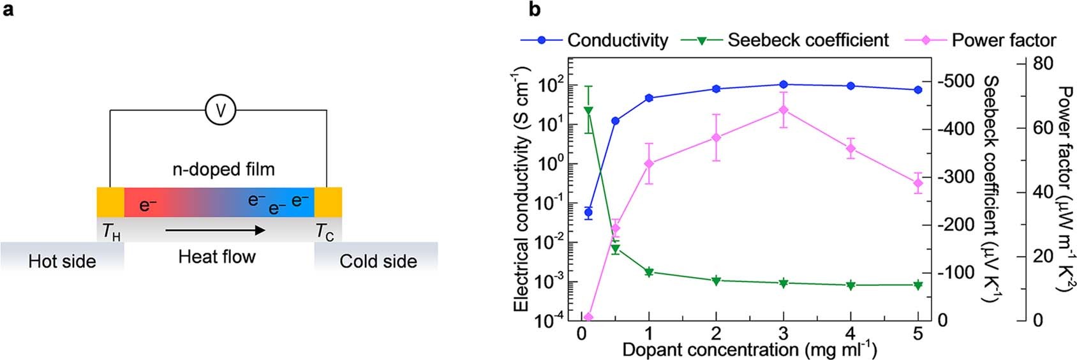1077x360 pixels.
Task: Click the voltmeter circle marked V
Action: (x=220, y=110)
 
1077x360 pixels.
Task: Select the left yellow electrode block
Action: (x=110, y=202)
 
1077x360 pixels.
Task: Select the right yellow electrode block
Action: (x=328, y=202)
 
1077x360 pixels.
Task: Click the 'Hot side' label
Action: (x=62, y=261)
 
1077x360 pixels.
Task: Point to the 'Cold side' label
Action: (x=378, y=261)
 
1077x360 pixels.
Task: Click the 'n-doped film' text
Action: (x=223, y=169)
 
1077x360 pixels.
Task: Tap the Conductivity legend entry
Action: (x=594, y=40)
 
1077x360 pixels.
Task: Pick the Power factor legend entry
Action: (x=981, y=40)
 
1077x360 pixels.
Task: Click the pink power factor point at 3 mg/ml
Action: (x=784, y=110)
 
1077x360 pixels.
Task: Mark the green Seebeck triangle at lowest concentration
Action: (x=588, y=111)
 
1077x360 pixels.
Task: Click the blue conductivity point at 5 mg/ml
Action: (x=918, y=90)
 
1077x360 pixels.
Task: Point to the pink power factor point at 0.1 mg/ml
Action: (x=588, y=317)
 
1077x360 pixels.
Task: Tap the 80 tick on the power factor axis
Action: (x=1043, y=64)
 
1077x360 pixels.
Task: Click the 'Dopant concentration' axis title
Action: (x=749, y=350)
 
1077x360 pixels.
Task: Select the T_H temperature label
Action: (x=111, y=232)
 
